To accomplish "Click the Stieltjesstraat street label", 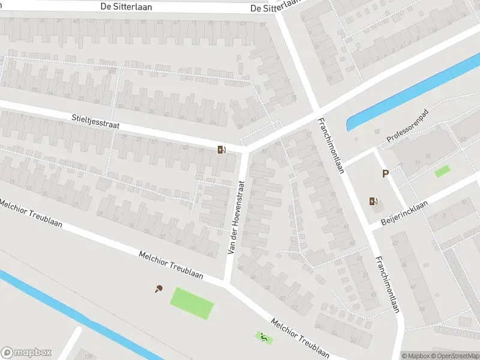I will coord(95,122).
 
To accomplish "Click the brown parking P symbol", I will coord(386,174).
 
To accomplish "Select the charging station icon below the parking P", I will coord(374,201).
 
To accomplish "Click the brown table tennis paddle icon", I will coord(159,289).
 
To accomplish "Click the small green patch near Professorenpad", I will coord(442,171).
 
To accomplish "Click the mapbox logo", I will coord(26,353).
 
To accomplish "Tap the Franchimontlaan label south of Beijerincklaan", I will coord(387,285).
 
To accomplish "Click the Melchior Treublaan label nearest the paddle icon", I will coord(171,265).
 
